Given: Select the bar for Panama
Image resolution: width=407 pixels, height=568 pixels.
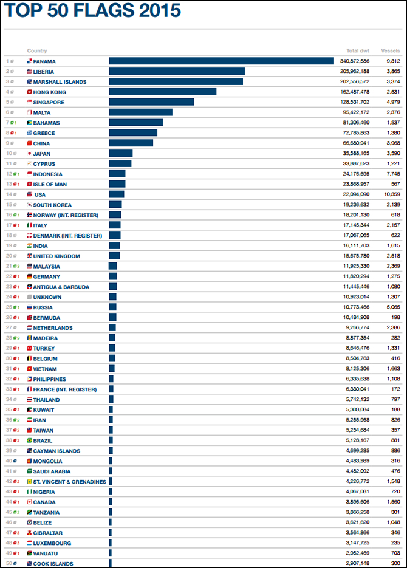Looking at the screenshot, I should tap(221, 61).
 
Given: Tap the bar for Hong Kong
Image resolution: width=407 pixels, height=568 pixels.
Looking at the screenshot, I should tap(163, 92).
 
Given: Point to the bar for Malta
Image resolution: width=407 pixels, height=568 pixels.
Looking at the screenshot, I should tap(141, 112).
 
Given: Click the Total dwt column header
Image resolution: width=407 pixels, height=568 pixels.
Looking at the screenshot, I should tap(358, 51).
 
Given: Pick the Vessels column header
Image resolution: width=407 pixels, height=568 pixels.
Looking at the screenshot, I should tap(390, 51).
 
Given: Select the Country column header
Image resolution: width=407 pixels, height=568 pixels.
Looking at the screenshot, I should tap(37, 51).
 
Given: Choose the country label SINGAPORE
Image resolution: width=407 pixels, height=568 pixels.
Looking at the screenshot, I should tap(49, 103).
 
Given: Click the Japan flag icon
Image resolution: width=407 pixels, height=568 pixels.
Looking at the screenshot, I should tap(29, 154).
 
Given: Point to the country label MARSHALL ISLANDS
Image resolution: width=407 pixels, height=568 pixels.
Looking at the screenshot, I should tap(60, 82).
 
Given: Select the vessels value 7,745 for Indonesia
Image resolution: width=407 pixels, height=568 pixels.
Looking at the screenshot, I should tap(391, 174).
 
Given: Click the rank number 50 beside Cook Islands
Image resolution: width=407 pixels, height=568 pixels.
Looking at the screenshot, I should tap(9, 564).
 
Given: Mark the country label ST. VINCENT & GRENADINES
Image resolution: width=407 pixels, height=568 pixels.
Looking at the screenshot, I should tap(69, 482).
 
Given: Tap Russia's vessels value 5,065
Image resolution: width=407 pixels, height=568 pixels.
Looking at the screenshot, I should tap(391, 307).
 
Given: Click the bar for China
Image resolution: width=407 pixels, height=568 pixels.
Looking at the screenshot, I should tap(131, 143).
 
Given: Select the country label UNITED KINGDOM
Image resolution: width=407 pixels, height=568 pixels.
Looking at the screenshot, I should tap(56, 256).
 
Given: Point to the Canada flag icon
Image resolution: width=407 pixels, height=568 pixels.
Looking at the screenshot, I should tap(29, 502).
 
